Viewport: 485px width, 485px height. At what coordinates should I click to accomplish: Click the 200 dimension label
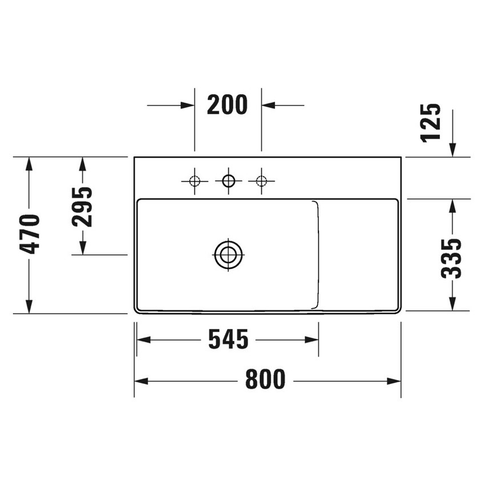point(227,105)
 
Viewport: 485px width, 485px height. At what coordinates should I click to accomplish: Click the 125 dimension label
point(431,122)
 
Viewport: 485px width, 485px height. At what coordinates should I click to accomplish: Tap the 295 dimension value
point(83,206)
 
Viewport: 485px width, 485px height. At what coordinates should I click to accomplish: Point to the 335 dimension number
point(452,258)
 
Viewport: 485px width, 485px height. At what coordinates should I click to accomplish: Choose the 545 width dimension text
point(228,340)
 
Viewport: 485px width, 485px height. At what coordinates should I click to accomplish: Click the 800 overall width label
point(265,380)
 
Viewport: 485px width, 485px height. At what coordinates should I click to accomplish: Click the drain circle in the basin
point(229,254)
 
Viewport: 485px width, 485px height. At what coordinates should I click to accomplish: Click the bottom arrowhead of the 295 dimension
point(83,247)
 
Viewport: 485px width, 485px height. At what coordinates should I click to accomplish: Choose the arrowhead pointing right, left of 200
point(188,105)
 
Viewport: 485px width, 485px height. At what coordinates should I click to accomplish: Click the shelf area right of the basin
point(358,254)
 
